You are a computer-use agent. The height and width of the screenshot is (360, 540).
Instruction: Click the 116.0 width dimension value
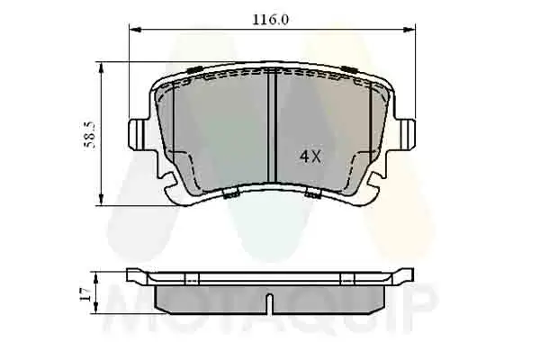(271, 19)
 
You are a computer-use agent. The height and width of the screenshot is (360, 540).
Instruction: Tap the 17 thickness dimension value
(84, 292)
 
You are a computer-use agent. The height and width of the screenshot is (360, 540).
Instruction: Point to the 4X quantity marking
(310, 156)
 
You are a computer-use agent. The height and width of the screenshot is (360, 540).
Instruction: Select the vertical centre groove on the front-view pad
(271, 126)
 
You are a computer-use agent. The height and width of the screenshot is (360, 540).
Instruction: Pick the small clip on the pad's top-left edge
(193, 69)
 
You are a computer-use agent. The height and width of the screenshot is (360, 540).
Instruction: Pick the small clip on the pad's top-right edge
(349, 69)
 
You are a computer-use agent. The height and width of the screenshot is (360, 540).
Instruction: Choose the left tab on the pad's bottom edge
(230, 193)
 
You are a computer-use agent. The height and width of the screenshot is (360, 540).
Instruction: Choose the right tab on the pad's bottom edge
(312, 193)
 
